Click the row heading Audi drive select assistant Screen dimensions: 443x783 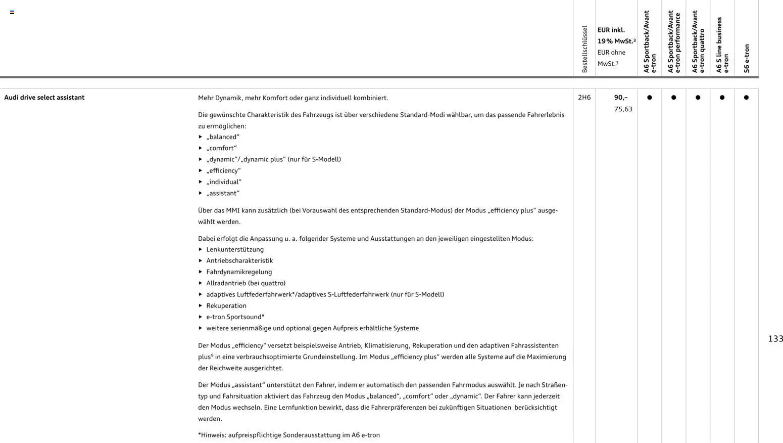click(44, 98)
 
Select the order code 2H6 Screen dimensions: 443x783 click(584, 98)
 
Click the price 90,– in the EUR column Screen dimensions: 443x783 click(621, 98)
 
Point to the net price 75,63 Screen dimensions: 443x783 click(623, 109)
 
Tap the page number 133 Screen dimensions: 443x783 click(775, 339)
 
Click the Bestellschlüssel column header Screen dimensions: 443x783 click(584, 49)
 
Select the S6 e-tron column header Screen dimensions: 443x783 click(747, 58)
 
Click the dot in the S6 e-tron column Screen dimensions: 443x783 click(746, 98)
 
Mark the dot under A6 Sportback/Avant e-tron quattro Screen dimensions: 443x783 click(698, 98)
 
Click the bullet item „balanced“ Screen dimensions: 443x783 click(223, 137)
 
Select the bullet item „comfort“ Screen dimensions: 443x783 click(221, 148)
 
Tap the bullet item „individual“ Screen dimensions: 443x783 click(224, 182)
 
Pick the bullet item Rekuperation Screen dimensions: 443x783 click(226, 306)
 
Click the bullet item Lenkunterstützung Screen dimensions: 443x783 click(235, 250)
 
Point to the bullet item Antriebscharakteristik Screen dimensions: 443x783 click(239, 261)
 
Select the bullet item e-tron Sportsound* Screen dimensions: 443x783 click(235, 317)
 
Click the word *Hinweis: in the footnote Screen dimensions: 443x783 click(212, 435)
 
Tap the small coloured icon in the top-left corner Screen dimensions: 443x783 click(12, 12)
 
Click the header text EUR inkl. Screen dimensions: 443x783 click(611, 30)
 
